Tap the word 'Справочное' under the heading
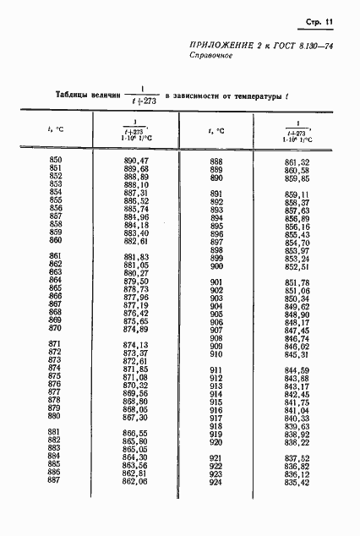[x=210, y=57]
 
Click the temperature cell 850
[x=56, y=160]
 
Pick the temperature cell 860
[x=56, y=240]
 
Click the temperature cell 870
[x=56, y=329]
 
